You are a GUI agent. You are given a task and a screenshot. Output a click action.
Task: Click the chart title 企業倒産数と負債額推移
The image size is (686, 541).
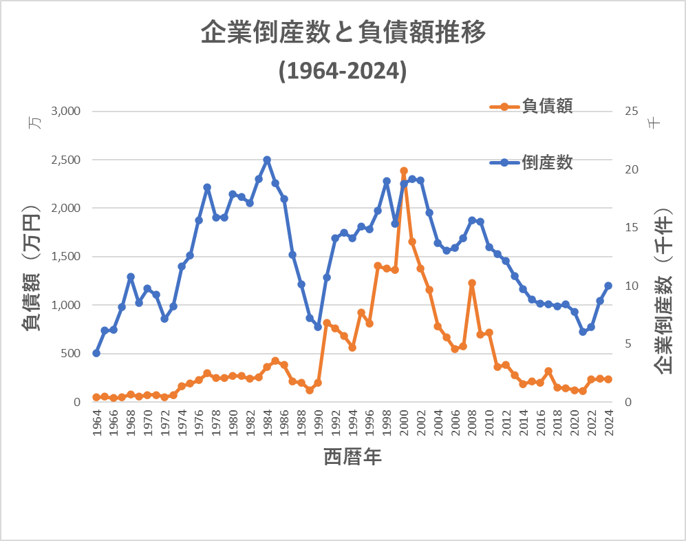[x=343, y=32]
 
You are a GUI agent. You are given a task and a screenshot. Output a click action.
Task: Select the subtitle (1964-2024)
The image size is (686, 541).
[x=343, y=71]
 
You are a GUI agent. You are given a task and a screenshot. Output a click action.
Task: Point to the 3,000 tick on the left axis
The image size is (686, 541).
[x=67, y=112]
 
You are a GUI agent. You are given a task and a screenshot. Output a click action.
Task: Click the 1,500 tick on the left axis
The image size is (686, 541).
[x=67, y=257]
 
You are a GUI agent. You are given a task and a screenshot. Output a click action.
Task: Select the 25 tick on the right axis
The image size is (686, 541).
[x=632, y=112]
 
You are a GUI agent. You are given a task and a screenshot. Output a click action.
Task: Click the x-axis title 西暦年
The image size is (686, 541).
[x=352, y=456]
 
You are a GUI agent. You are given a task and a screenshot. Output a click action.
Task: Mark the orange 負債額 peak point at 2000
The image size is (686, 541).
[x=404, y=171]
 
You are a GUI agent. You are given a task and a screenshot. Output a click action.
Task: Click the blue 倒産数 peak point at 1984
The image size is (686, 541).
[x=267, y=160]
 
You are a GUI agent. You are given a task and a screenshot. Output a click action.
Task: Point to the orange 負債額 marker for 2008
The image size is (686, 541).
[x=472, y=283]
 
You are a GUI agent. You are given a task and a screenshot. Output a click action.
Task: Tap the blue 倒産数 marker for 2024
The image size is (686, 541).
[x=608, y=286]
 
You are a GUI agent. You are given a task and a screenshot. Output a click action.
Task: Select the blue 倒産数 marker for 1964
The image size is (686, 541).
[x=96, y=353]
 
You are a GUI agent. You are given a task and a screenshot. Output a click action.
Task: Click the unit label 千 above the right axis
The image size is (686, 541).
[x=654, y=123]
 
